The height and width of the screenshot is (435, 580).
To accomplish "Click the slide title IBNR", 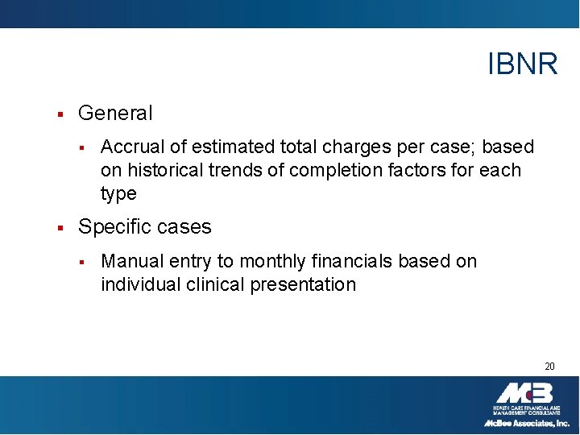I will [x=522, y=64].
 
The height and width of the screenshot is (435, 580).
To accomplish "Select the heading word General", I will [x=115, y=114].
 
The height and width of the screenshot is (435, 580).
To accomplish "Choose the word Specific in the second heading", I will [x=111, y=227].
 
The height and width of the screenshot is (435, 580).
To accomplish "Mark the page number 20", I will [x=549, y=367].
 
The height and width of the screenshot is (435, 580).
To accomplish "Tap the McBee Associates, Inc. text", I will [x=526, y=423].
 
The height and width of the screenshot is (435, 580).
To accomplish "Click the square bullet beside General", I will [x=60, y=114].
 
